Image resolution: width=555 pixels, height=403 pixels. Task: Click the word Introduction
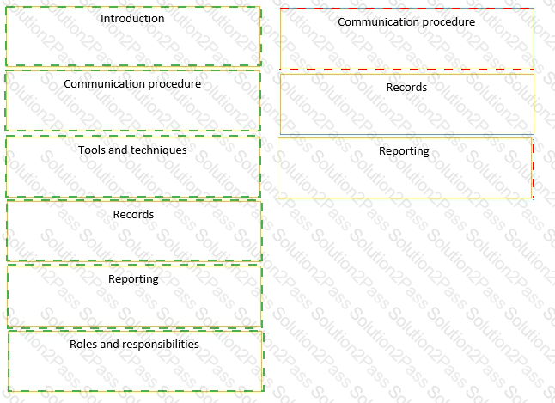[x=132, y=18]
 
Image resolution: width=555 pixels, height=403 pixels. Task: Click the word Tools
[x=92, y=150]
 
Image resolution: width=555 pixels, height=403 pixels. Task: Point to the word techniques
[x=160, y=150]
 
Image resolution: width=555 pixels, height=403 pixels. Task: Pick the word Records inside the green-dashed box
[x=133, y=214]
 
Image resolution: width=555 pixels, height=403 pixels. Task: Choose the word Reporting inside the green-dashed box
[x=133, y=279]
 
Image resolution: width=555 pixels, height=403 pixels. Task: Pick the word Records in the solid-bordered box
[x=406, y=87]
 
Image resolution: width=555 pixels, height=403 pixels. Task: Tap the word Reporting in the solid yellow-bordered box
[x=404, y=151]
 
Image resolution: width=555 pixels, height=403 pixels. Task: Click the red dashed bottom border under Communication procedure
[x=407, y=70]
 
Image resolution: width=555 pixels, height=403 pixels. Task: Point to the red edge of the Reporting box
[x=533, y=168]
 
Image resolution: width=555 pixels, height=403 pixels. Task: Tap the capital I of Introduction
[x=102, y=18]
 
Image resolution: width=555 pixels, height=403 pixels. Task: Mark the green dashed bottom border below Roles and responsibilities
[x=136, y=391]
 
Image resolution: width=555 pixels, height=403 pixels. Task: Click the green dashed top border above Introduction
[x=133, y=7]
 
